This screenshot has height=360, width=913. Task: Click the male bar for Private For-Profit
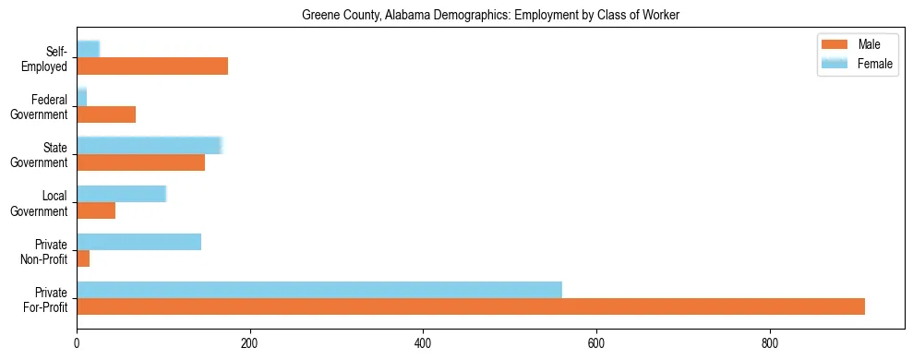pos(471,306)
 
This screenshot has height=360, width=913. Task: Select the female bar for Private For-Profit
pos(319,290)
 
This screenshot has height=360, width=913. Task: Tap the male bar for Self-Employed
pos(152,66)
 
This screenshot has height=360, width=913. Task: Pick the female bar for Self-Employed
pos(88,49)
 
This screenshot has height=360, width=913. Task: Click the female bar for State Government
pos(150,145)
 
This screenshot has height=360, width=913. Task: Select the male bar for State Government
pos(140,162)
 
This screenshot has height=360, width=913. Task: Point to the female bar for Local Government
pos(121,193)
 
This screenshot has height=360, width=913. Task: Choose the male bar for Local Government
pos(96,210)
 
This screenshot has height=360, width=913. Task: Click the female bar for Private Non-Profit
pos(138,242)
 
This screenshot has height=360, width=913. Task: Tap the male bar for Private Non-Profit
pos(83,258)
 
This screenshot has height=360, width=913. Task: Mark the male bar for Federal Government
pos(106,114)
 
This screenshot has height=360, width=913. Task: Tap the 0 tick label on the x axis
pos(77,343)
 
